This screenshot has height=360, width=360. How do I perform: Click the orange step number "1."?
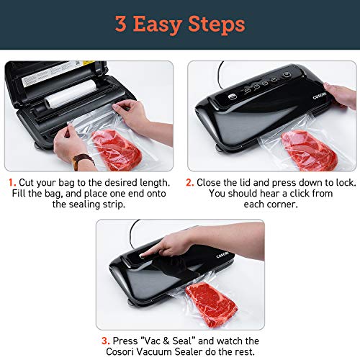(14, 182)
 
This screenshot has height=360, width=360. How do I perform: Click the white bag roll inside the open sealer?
(73, 94)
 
